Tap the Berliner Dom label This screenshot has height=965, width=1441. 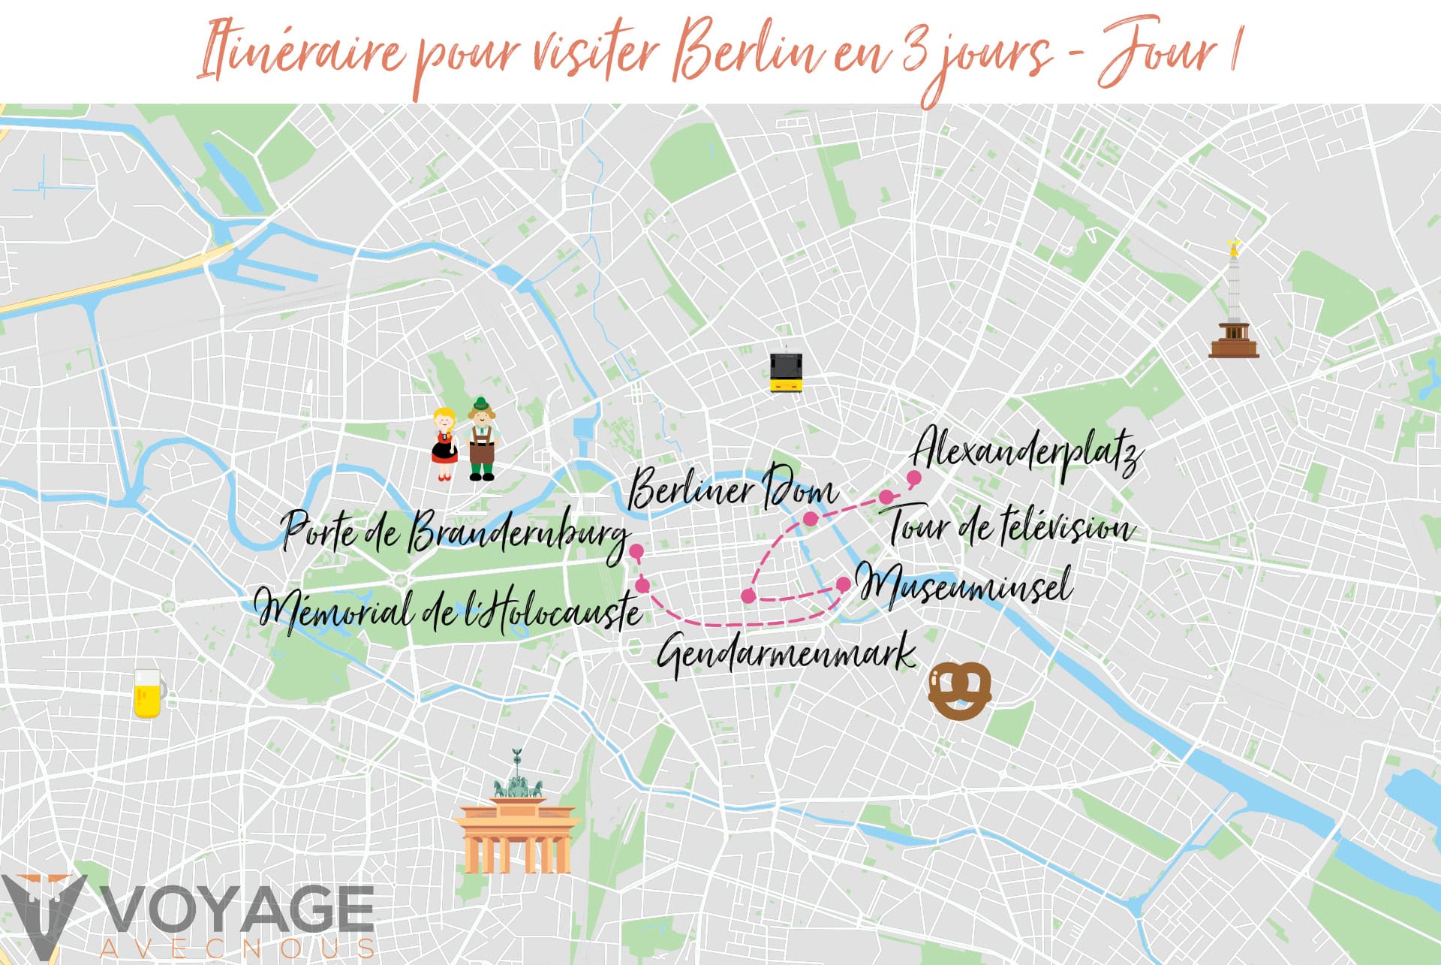[732, 489]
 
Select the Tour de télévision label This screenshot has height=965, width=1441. [1010, 526]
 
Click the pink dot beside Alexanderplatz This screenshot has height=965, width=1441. [914, 478]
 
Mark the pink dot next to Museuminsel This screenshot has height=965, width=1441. [844, 584]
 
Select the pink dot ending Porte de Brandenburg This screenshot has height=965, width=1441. [636, 552]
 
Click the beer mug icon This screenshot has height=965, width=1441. [148, 693]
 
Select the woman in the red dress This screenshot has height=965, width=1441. [444, 444]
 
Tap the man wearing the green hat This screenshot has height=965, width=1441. [482, 440]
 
